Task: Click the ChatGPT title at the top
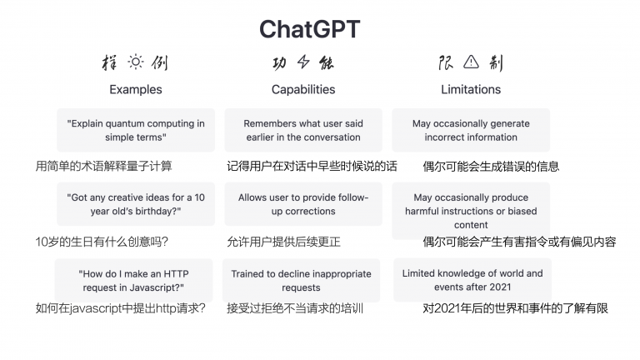point(309,28)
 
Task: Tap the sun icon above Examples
point(135,62)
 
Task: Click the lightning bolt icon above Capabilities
point(302,62)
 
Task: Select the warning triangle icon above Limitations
point(471,62)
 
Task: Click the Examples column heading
point(135,89)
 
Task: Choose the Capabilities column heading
point(302,89)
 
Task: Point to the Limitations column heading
point(471,89)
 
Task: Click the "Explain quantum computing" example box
point(135,130)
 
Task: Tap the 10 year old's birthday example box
point(135,204)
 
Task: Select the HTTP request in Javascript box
point(135,280)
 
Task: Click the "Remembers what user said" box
point(302,130)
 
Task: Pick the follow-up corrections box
point(302,204)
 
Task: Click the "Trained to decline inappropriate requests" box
point(302,280)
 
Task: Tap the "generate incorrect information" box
point(471,130)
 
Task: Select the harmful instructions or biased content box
point(471,211)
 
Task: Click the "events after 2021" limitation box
point(472,280)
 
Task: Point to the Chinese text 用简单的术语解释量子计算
point(104,166)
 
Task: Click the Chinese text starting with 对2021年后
point(515,308)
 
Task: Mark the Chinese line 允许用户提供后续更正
point(283,242)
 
